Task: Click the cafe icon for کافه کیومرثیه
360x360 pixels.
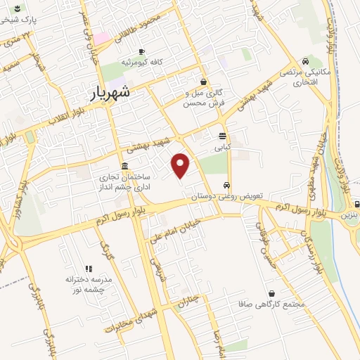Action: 141,51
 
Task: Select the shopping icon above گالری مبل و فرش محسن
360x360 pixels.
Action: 203,82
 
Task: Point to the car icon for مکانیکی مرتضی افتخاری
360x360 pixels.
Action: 304,61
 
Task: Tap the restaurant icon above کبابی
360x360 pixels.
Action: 222,136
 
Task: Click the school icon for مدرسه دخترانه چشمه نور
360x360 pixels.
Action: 89,268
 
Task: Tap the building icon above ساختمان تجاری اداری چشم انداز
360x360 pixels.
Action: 124,167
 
